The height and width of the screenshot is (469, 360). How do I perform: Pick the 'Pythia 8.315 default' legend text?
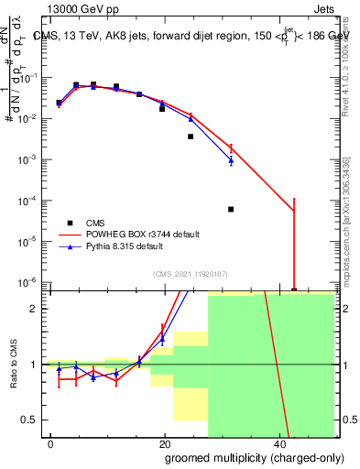click(x=125, y=247)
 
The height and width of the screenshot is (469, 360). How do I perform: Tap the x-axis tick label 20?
click(x=164, y=442)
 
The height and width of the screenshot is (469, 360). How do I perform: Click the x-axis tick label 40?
click(x=278, y=442)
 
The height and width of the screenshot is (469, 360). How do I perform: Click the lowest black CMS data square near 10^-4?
click(x=231, y=209)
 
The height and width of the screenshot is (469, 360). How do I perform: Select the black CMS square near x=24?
click(x=191, y=136)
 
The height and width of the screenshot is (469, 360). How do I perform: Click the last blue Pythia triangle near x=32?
click(x=231, y=160)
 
